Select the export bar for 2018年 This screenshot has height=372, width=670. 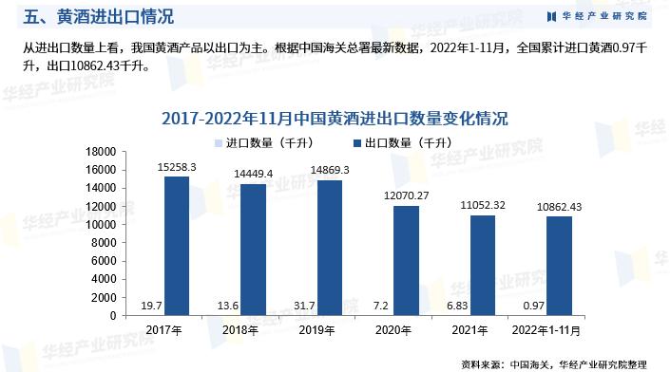253,250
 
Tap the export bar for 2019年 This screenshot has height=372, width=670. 329,248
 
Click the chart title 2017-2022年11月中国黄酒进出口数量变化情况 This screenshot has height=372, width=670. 335,119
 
